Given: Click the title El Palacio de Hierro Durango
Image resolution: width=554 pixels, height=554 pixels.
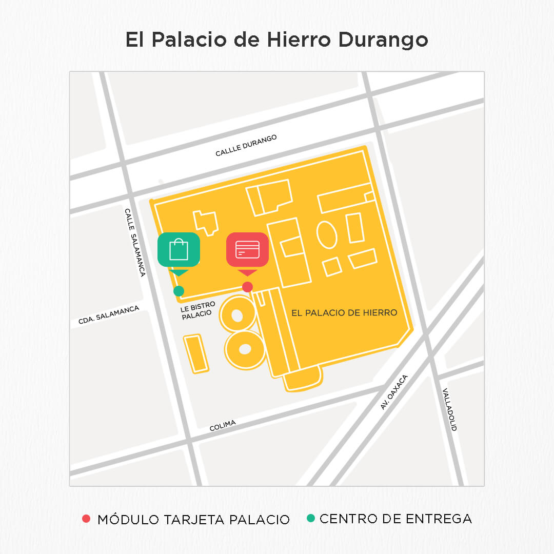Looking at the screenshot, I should click(x=276, y=41).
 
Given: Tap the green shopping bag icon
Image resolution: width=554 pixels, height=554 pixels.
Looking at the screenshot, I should click(x=179, y=250).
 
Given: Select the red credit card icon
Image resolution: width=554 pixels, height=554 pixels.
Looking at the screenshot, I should click(x=247, y=250).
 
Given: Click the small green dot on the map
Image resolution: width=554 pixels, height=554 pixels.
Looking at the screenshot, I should click(x=179, y=291).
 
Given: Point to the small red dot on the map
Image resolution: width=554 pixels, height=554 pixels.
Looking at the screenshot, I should click(x=247, y=287).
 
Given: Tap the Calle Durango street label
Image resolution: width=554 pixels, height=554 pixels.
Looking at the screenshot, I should click(x=246, y=146).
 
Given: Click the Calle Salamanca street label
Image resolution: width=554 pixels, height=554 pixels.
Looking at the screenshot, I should click(x=135, y=242).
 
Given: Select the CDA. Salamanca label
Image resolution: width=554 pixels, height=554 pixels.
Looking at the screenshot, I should click(x=109, y=315).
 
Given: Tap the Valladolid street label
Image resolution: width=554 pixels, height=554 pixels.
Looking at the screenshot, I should click(x=449, y=409).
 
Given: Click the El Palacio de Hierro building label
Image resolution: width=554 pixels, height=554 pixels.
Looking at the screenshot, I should click(x=344, y=312).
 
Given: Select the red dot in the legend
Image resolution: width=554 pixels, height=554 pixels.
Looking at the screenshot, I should click(x=86, y=519).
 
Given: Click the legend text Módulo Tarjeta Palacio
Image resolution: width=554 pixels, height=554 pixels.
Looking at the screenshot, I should click(x=193, y=519).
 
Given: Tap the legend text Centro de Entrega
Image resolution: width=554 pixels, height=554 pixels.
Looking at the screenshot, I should click(x=395, y=519).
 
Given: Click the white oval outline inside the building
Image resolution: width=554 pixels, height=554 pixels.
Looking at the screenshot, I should click(x=327, y=234).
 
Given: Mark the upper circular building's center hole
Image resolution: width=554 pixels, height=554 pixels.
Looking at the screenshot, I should click(x=237, y=315).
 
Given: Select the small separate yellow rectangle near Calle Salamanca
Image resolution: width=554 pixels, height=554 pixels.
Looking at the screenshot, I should click(x=196, y=353).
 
